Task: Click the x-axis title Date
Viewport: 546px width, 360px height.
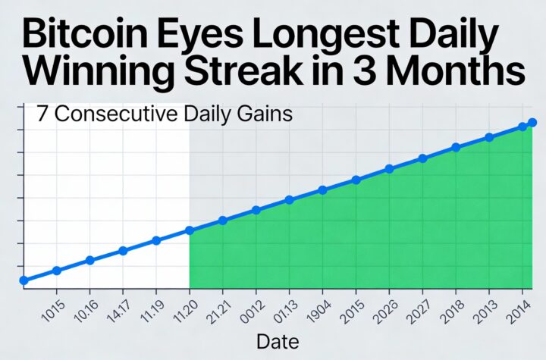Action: tap(278, 341)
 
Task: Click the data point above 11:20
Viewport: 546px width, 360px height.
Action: tap(190, 230)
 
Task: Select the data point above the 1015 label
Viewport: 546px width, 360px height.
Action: tap(57, 271)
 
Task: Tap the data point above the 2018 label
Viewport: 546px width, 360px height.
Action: tap(456, 148)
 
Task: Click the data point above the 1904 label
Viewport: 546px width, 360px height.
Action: tap(322, 189)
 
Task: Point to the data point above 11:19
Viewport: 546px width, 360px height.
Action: tap(156, 240)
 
